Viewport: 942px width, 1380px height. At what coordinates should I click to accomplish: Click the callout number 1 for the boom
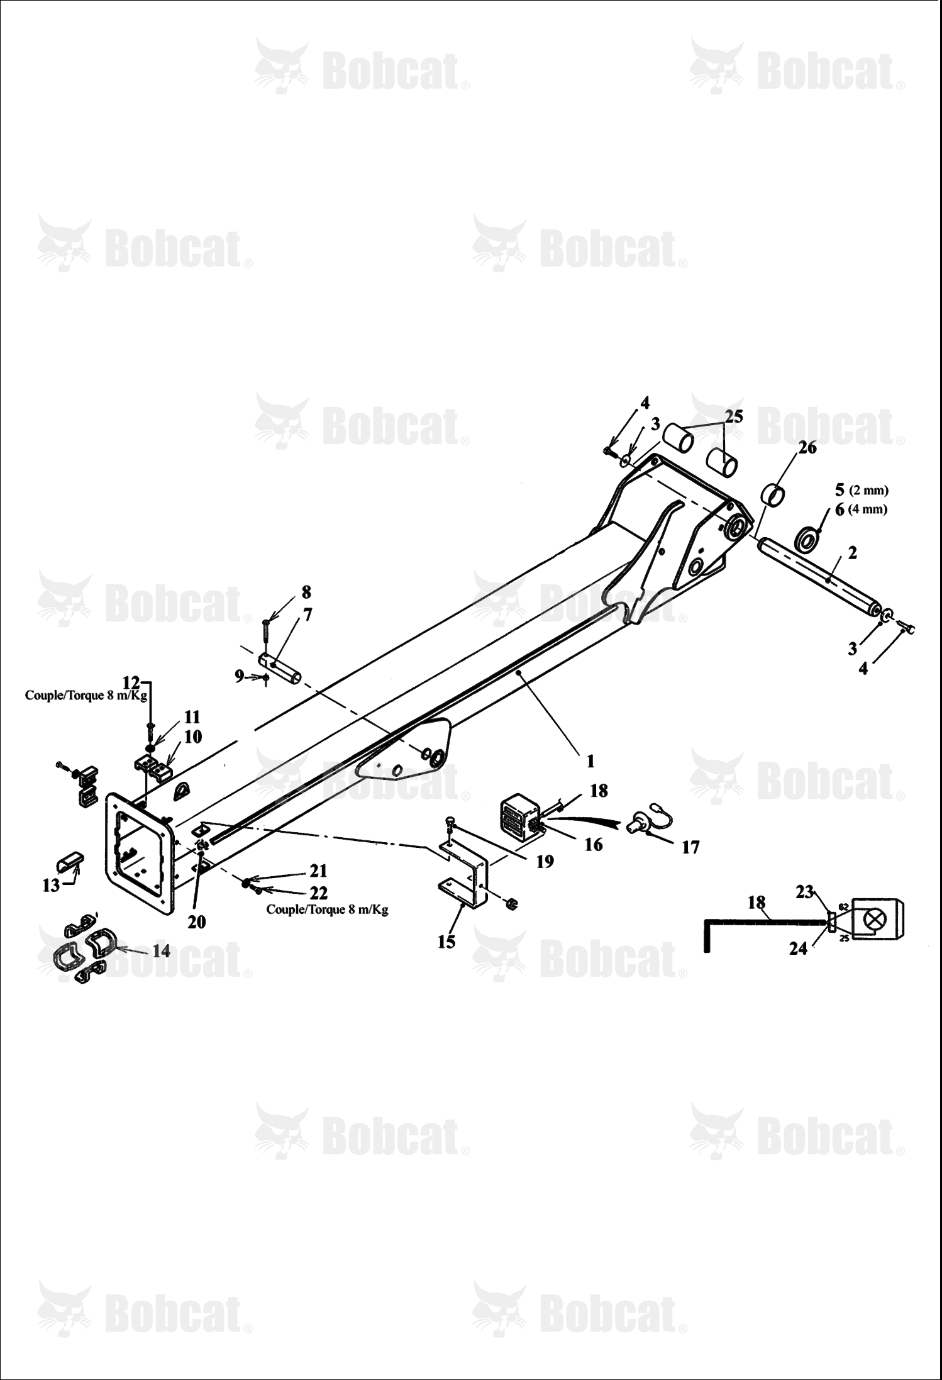click(x=590, y=760)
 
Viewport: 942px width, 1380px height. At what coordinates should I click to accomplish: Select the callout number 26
click(x=807, y=447)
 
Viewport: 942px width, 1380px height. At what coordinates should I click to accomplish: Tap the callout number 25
click(x=734, y=416)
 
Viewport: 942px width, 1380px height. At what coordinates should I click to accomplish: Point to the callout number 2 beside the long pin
click(x=852, y=553)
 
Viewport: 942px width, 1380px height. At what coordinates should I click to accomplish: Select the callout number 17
click(x=690, y=848)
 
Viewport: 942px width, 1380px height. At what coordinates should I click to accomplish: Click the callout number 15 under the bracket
click(x=446, y=942)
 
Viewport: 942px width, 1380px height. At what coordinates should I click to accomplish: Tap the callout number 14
click(x=162, y=950)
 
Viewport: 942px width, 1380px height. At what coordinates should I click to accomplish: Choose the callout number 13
click(x=51, y=885)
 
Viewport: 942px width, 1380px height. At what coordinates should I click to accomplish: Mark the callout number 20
click(x=197, y=921)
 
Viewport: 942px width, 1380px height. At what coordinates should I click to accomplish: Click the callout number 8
click(x=306, y=592)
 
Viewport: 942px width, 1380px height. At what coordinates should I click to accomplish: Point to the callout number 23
click(x=805, y=891)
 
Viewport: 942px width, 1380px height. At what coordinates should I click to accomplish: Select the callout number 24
click(x=798, y=948)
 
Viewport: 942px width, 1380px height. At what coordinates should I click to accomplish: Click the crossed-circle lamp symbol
click(x=873, y=920)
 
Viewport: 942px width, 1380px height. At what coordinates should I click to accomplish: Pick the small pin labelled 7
click(x=280, y=667)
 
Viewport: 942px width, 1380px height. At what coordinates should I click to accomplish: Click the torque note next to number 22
click(x=327, y=910)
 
